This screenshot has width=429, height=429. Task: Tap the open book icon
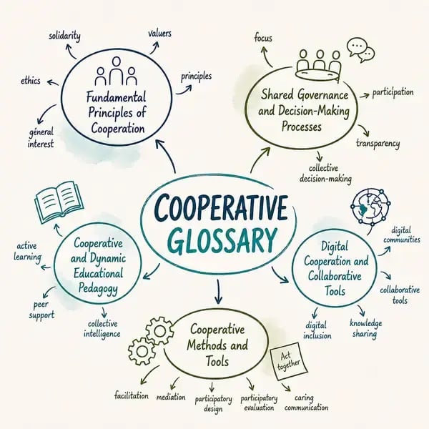[59, 202]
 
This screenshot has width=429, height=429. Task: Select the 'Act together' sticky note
[289, 361]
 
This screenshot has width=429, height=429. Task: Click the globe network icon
[370, 207]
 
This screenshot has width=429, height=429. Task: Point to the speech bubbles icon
[360, 50]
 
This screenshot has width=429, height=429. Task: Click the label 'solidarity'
[64, 36]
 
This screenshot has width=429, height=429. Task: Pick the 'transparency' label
[378, 143]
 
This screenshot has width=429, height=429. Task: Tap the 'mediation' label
[171, 397]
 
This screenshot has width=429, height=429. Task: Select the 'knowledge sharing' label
[365, 328]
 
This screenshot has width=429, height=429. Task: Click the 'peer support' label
[41, 310]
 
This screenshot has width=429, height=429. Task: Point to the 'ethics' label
[30, 81]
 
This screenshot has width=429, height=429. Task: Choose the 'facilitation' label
[132, 395]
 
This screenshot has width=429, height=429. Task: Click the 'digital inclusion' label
[317, 330]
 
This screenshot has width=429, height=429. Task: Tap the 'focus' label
[263, 38]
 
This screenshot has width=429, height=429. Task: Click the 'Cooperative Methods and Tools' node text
[217, 345]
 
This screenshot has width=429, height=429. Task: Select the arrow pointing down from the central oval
[218, 292]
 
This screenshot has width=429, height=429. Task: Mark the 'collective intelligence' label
[102, 329]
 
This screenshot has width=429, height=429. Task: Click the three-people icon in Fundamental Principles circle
[116, 71]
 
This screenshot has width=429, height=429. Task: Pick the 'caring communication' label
[306, 403]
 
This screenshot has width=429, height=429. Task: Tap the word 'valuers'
[159, 34]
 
